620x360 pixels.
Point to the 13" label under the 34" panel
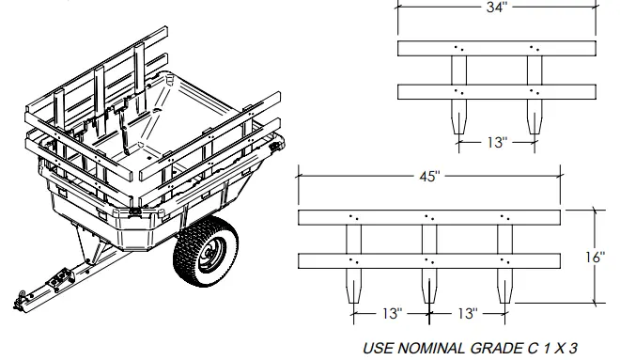[495, 143]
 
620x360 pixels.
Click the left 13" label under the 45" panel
[392, 311]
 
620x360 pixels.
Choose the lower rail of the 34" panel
[495, 91]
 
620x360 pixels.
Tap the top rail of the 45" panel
[429, 217]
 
